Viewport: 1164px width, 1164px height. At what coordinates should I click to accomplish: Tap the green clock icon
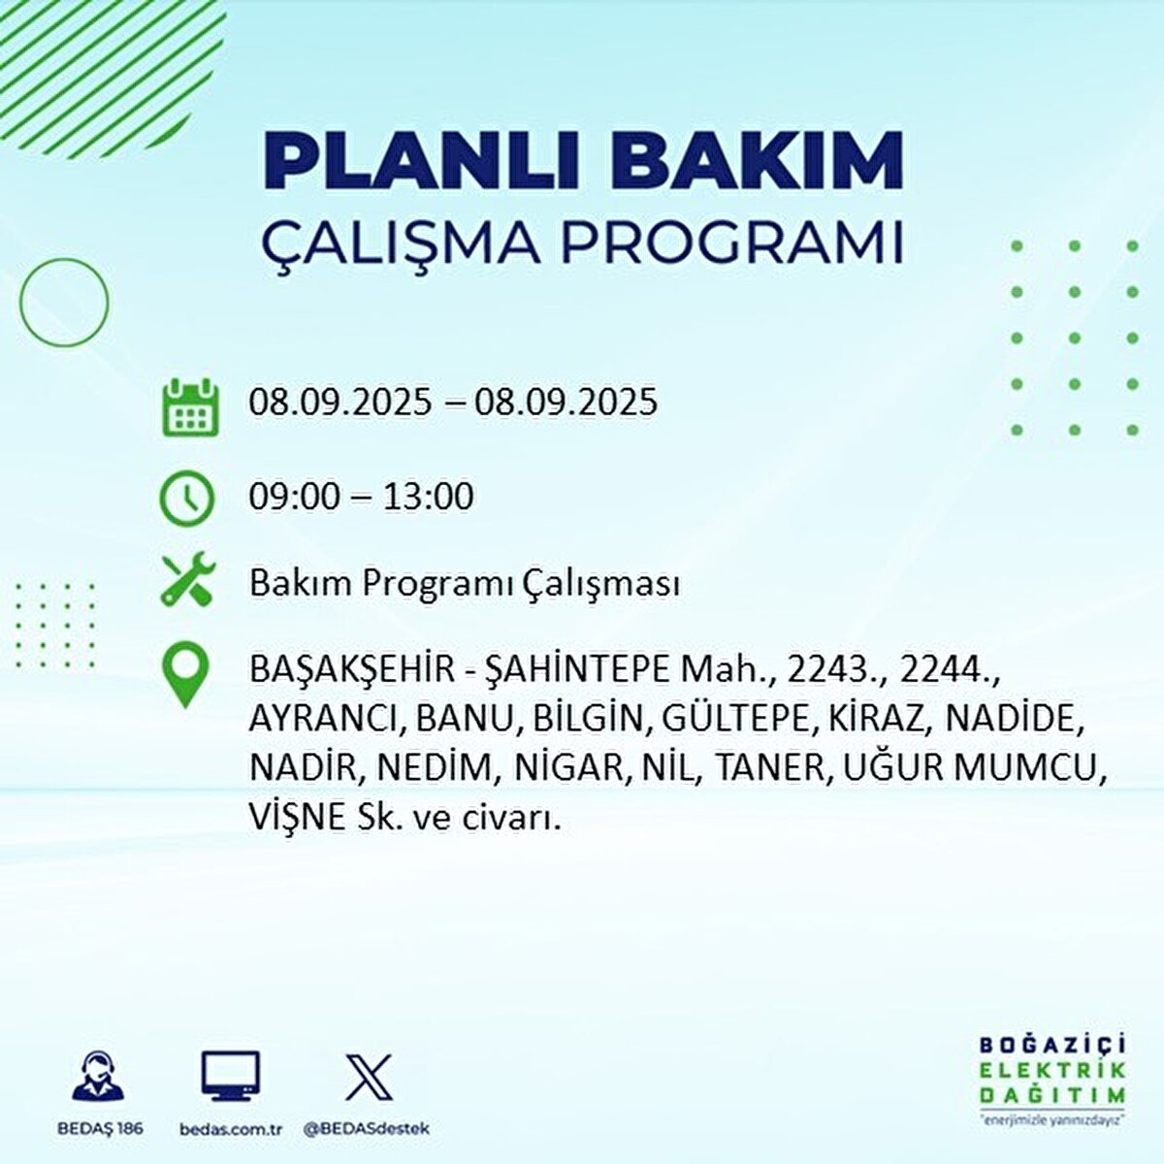coord(187,498)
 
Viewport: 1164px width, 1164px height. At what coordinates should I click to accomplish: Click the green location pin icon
coord(185,675)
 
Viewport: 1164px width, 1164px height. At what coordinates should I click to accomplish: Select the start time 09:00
coord(294,498)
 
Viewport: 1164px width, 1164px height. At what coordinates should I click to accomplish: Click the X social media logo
coord(369,1079)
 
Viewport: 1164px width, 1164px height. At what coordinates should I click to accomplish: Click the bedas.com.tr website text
coord(231,1129)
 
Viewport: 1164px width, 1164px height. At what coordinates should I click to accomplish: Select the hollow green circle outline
coord(64,303)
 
